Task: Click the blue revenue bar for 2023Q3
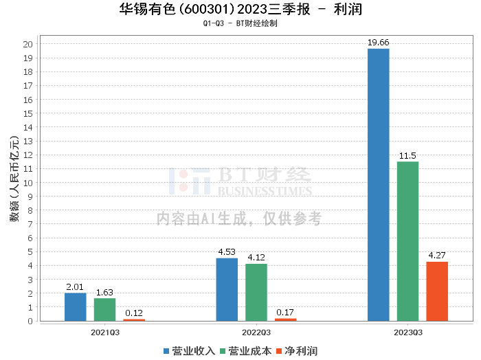coord(379,185)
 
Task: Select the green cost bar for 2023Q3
coord(407,241)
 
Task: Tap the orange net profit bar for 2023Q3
coord(437,291)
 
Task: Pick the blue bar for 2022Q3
coord(227,289)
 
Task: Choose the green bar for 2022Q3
coord(256,292)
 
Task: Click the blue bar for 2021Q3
coord(76,306)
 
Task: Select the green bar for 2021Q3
coord(104,309)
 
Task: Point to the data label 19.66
coord(379,43)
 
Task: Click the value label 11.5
coord(407,156)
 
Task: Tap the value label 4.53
coord(227,252)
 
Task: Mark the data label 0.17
coord(285,313)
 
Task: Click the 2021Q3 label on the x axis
coord(104,332)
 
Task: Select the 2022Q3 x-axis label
coord(256,332)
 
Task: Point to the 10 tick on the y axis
coord(28,183)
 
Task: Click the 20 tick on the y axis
coord(28,44)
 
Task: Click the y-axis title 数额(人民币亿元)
coord(13,182)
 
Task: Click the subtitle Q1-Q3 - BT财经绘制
coord(240,23)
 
